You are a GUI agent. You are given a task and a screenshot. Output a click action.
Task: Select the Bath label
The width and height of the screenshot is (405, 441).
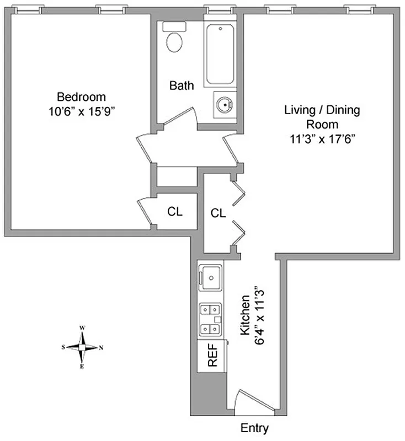182,85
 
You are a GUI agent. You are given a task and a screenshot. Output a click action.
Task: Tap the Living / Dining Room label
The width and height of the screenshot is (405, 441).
322,117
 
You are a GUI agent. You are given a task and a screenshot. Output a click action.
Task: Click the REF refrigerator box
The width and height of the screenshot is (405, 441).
212,355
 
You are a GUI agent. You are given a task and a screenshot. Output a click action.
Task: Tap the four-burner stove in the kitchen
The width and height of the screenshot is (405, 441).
211,320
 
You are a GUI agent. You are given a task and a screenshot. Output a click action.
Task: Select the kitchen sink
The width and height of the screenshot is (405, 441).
210,277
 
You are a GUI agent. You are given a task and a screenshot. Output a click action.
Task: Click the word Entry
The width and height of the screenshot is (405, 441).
255,427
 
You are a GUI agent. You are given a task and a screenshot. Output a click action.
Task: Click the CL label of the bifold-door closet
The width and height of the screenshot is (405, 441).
219,213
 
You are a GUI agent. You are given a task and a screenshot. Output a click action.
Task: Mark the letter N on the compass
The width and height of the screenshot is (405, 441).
100,347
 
